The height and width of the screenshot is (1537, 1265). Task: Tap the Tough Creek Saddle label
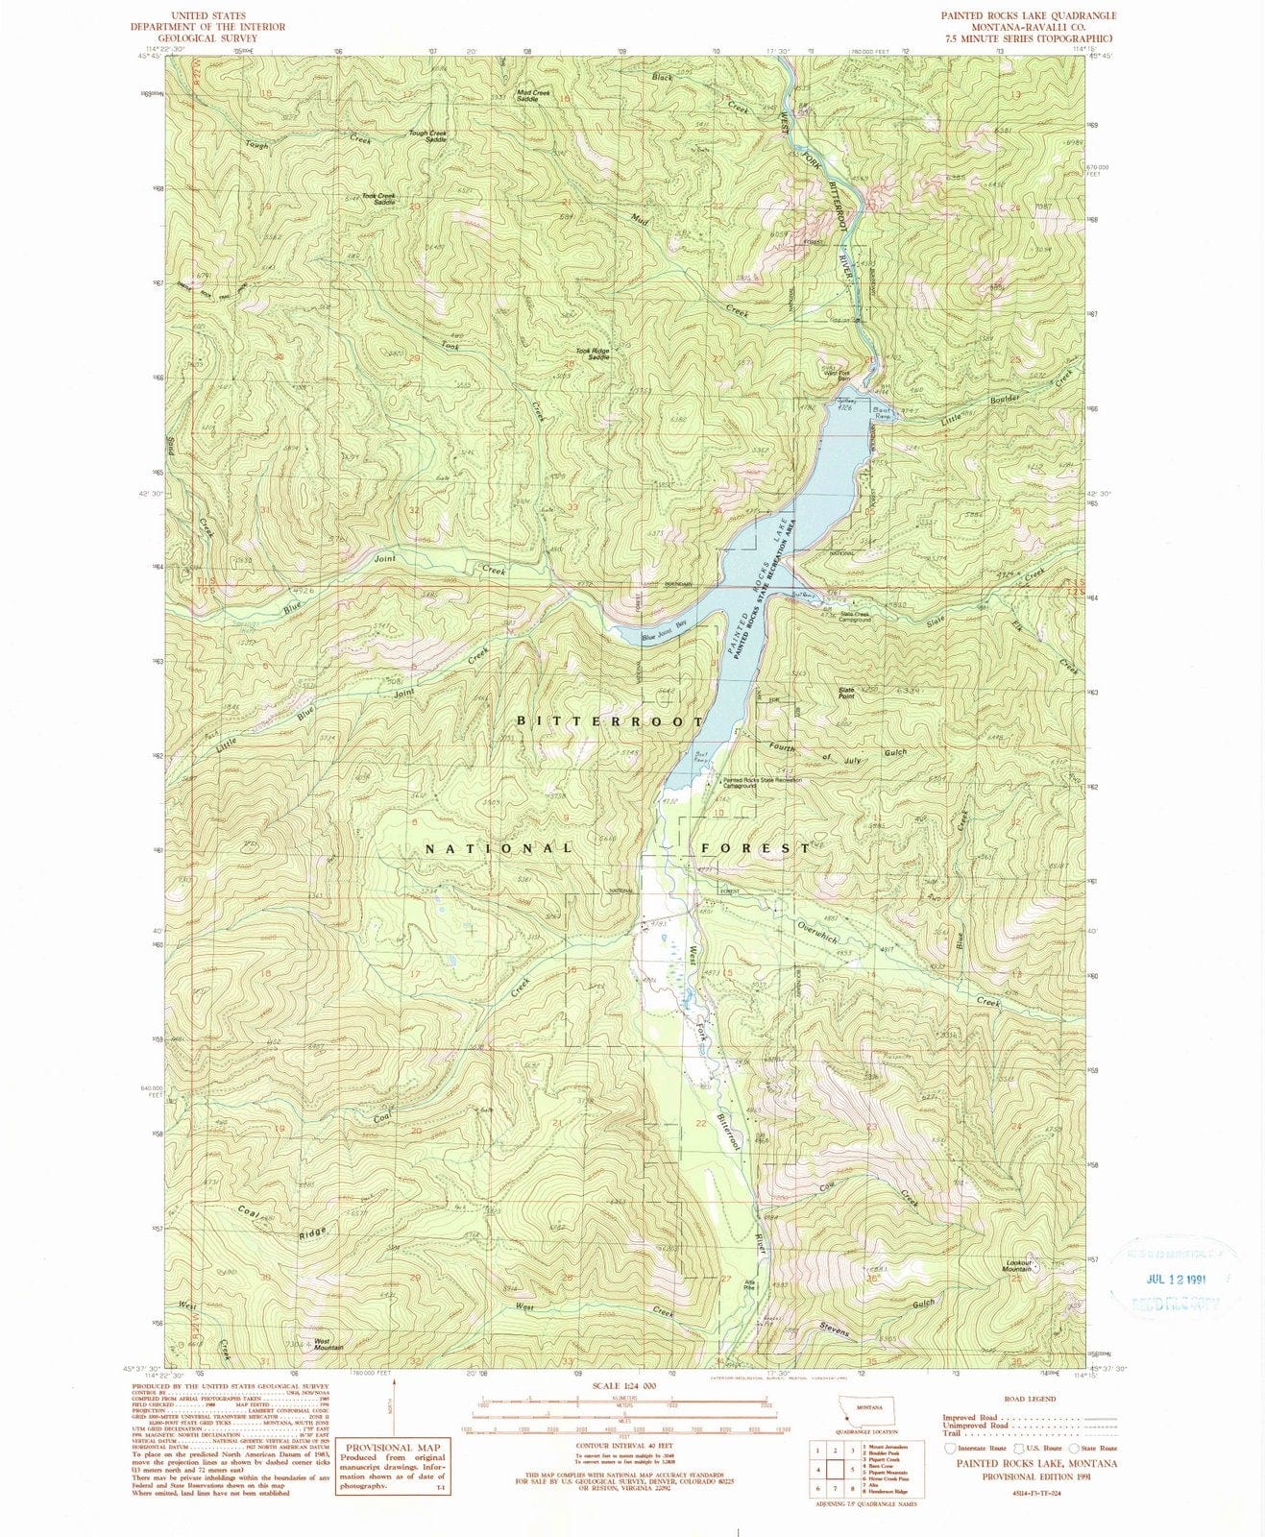tap(428, 136)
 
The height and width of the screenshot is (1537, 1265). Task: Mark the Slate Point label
tap(846, 691)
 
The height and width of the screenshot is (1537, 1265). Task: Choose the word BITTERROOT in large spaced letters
tap(611, 720)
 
